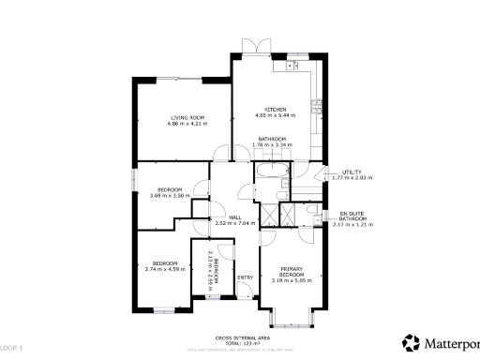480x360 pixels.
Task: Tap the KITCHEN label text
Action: [x=275, y=110]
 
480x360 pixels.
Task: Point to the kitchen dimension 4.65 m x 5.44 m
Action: [x=275, y=116]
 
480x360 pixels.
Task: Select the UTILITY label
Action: [x=352, y=172]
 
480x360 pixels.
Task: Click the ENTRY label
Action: [x=245, y=277]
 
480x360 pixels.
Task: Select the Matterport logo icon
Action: [x=411, y=341]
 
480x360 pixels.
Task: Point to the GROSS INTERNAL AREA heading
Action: [x=243, y=336]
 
